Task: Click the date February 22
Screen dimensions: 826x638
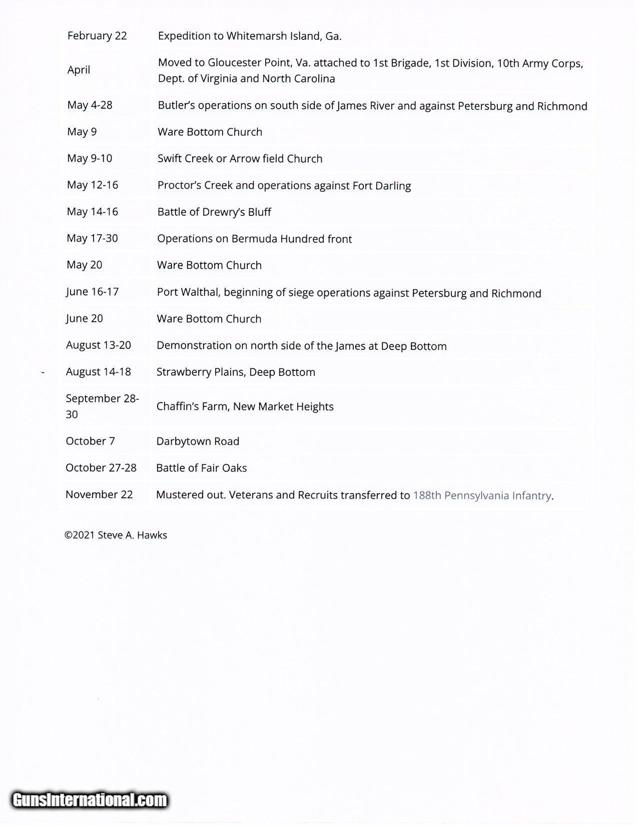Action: click(x=97, y=36)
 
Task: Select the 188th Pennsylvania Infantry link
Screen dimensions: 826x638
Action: click(x=482, y=495)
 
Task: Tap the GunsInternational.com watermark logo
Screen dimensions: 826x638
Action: click(x=89, y=799)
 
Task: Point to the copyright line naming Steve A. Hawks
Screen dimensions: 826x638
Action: click(x=116, y=535)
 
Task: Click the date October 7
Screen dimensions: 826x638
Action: click(x=90, y=441)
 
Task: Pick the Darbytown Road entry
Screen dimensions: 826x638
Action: click(x=198, y=441)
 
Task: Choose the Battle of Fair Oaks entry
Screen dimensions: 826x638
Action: click(x=201, y=468)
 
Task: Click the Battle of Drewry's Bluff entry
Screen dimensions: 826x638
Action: click(x=214, y=212)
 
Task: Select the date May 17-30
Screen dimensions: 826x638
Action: click(x=92, y=238)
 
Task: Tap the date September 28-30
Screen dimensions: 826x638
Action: click(x=102, y=406)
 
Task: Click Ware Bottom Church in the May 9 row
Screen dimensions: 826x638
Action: click(x=210, y=132)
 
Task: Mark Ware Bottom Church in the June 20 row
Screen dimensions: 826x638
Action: click(x=209, y=318)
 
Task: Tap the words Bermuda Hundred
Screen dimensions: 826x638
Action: click(x=277, y=239)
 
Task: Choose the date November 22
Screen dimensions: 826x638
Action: click(x=99, y=495)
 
